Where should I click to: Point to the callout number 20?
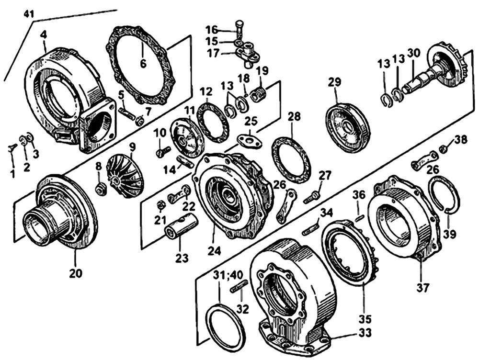click(x=76, y=274)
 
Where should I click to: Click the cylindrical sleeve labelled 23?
click(x=181, y=226)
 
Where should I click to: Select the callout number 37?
click(x=423, y=288)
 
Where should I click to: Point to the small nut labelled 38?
click(x=443, y=149)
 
